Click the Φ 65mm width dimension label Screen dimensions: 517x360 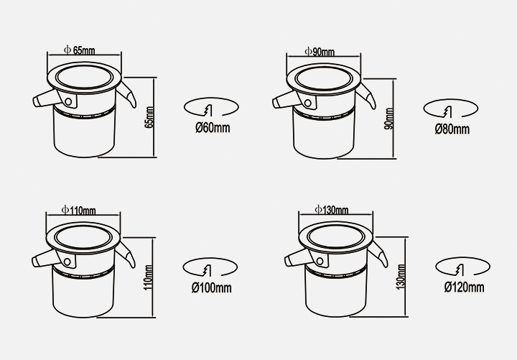[79, 50]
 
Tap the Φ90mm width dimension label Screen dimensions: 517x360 [319, 52]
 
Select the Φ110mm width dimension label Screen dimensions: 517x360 [78, 210]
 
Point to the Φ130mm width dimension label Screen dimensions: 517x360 [331, 210]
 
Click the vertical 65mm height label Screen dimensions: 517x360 [149, 117]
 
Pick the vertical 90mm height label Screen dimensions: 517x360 [388, 119]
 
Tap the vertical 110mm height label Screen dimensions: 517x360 [148, 277]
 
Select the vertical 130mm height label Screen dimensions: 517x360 [401, 277]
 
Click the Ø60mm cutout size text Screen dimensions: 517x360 [213, 128]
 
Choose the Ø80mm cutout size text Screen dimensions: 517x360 [452, 129]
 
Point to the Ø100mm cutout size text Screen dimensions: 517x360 [211, 287]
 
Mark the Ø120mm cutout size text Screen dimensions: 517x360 [464, 287]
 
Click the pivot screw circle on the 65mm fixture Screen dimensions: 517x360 [68, 101]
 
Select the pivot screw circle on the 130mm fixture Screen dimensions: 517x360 [320, 262]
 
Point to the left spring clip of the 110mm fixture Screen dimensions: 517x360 [46, 258]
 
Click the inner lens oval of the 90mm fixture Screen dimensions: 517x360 [324, 78]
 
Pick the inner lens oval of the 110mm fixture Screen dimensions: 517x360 [83, 238]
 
